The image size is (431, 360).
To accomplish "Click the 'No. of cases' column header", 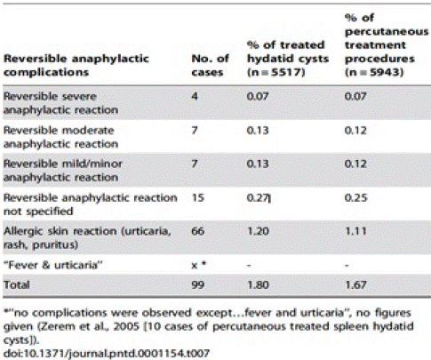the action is coord(210,65).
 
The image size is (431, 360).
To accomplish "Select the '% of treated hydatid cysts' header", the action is coord(288,59).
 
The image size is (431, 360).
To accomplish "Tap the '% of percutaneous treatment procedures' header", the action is coord(387,45).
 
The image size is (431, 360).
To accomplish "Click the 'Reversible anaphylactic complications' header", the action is coord(76,65).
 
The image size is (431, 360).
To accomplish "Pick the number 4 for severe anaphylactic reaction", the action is coord(195,96).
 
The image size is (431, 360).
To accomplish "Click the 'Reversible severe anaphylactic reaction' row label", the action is coord(60,103).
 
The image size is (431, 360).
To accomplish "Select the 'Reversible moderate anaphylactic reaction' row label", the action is coord(60,137).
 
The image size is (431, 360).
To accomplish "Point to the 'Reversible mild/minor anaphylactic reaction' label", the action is coord(62,171).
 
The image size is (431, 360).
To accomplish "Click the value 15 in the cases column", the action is coord(198,197).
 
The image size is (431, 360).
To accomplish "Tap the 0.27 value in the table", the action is coord(258,197).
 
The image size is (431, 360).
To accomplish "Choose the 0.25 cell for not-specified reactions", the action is coord(355,197).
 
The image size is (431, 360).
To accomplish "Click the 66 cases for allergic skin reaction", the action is coord(198,231).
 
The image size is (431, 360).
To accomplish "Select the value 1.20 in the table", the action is coord(258,231).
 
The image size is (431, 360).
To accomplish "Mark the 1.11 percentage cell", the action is coord(355,231).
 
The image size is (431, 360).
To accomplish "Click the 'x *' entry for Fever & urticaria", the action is coord(199,265).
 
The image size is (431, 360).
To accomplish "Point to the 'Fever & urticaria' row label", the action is coord(53,265).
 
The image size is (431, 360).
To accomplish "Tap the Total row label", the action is coord(17,284).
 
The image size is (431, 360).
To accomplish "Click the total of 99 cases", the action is coord(198,284).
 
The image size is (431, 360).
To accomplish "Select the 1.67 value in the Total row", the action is coord(355,284).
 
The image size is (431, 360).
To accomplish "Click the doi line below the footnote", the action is coord(107,353).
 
